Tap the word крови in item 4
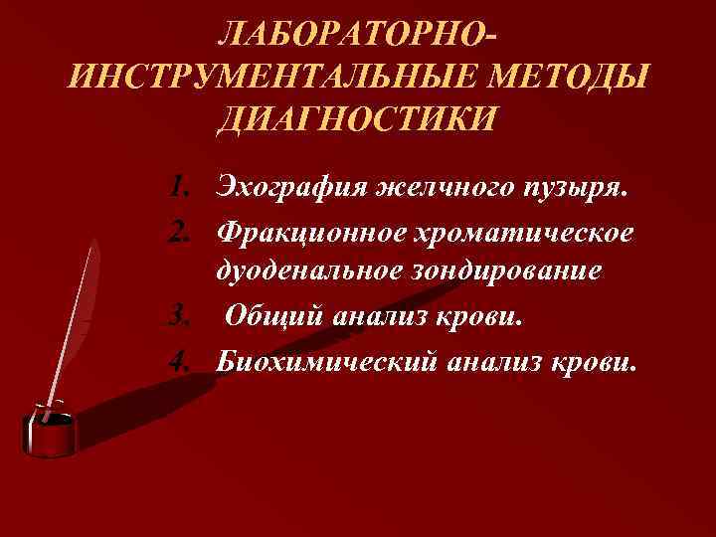(583, 361)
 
